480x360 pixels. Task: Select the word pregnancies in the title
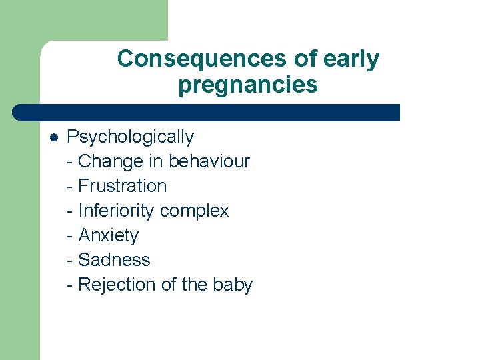click(x=247, y=85)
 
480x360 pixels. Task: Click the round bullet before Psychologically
click(x=53, y=138)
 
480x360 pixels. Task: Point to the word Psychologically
click(x=130, y=137)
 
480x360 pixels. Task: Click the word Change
click(x=111, y=161)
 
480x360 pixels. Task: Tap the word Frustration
click(x=123, y=186)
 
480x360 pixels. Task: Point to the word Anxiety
click(x=109, y=235)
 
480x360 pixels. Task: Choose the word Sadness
click(x=114, y=260)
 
